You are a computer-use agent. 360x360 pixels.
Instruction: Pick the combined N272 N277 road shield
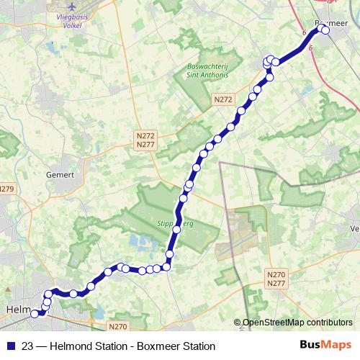coord(145,140)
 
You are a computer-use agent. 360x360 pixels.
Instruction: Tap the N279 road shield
coord(6,189)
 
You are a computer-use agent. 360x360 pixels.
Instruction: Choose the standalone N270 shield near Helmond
coord(120,326)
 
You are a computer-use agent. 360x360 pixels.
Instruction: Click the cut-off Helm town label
coord(16,310)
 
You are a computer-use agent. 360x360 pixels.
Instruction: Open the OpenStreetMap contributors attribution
coord(297,323)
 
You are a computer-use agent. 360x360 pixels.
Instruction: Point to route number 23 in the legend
coord(27,345)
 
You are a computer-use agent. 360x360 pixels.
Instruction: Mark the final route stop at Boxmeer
coord(325,30)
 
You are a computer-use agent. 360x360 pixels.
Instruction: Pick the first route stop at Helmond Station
coord(34,313)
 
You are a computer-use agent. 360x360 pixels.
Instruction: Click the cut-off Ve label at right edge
coord(354,228)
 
